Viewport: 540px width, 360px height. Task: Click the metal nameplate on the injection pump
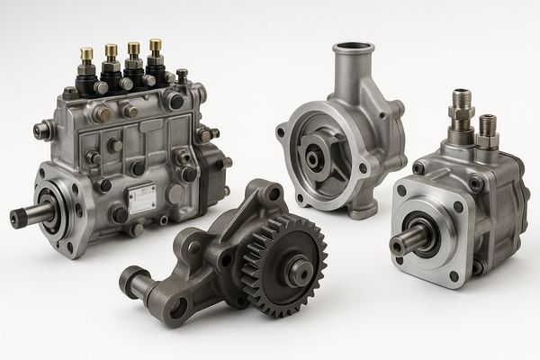[x=141, y=199]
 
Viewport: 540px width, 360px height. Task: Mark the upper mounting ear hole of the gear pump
[x=274, y=192]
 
